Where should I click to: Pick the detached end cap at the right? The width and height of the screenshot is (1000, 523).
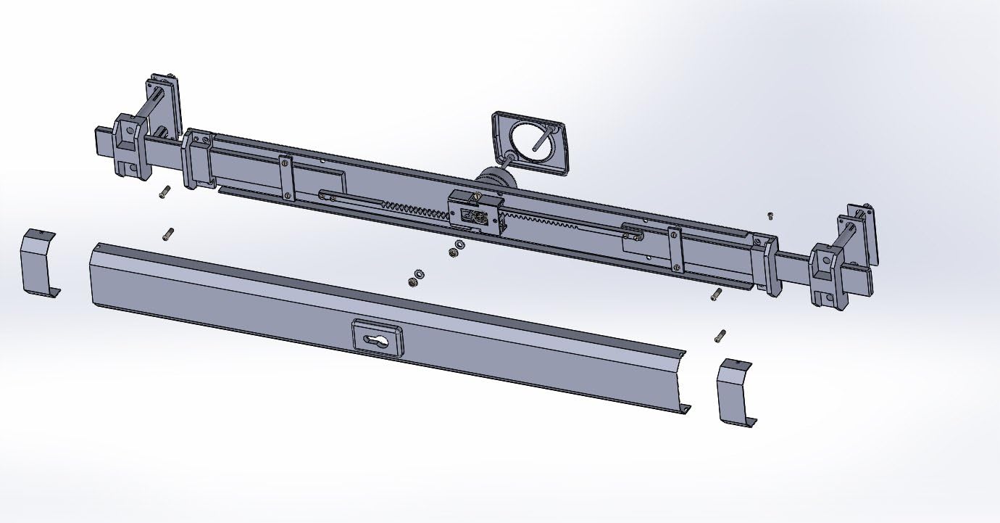point(736,392)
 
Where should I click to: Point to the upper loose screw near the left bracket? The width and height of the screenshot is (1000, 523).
point(163,192)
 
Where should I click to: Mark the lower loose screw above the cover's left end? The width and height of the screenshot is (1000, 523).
point(168,235)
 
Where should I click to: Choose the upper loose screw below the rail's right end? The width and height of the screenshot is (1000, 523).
point(716,295)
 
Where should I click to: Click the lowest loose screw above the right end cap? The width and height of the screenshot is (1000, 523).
point(720,335)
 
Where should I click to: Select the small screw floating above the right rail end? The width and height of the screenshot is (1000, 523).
point(770,215)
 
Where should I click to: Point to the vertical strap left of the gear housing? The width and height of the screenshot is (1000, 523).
point(286,176)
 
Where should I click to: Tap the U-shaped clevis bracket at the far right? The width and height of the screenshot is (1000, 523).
point(828,275)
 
